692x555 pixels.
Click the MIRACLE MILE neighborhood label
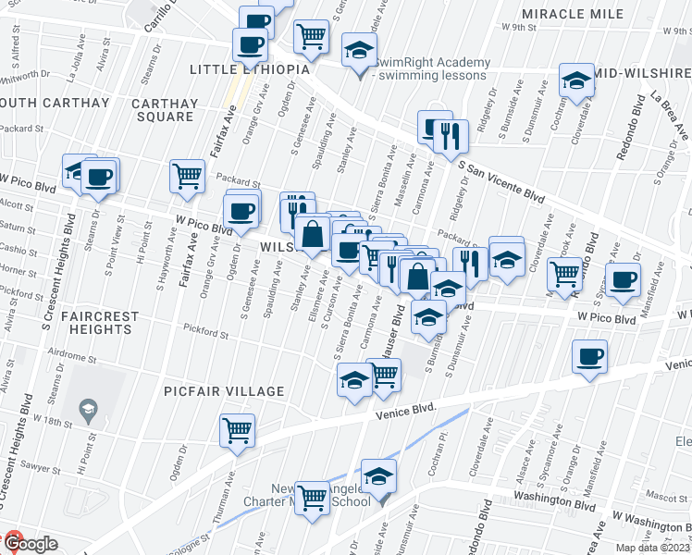pos(573,14)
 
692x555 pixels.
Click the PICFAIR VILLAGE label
pos(224,391)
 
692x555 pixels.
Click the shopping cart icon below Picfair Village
pos(238,430)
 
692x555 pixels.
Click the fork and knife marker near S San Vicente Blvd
pos(451,135)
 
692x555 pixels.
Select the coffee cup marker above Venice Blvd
pos(589,357)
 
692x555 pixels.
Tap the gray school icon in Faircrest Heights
pos(88,409)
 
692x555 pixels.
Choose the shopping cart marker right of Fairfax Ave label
pos(188,175)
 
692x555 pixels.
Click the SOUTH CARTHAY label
pos(37,101)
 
